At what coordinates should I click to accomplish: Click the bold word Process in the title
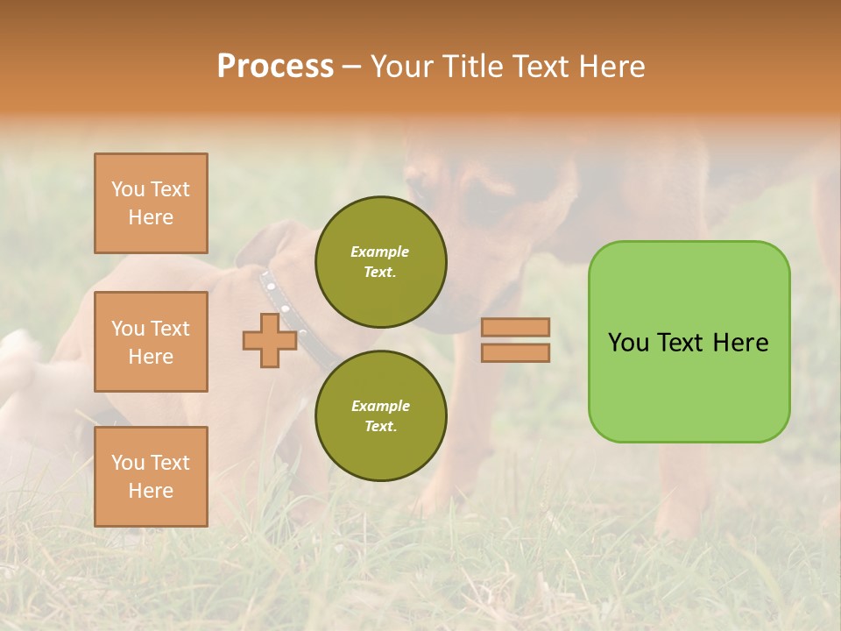[275, 66]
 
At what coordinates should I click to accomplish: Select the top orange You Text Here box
[151, 203]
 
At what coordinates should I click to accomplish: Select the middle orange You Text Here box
[151, 342]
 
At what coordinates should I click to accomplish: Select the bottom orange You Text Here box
[151, 476]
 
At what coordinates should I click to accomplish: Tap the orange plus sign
[270, 341]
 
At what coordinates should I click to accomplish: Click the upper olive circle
[381, 262]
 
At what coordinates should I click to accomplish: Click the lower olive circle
[381, 415]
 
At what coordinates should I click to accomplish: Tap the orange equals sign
[515, 340]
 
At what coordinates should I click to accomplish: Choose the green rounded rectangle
[689, 342]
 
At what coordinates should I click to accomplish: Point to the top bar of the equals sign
[515, 327]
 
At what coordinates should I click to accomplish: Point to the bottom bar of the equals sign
[515, 352]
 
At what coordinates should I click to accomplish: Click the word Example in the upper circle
[379, 252]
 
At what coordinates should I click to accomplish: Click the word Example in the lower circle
[380, 406]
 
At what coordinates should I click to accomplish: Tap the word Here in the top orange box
[151, 217]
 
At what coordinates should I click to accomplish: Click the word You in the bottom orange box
[128, 463]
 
